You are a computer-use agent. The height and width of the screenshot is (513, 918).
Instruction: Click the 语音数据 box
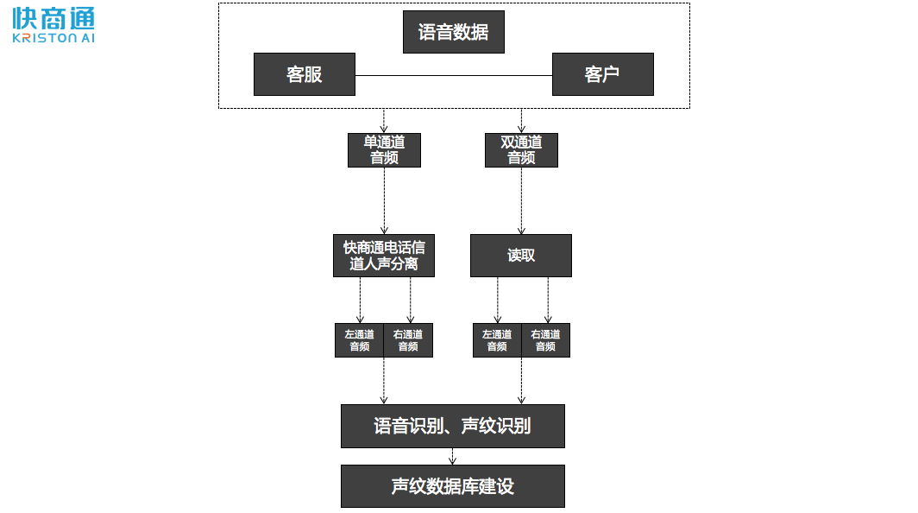click(453, 32)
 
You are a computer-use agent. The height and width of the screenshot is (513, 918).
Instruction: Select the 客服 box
click(304, 74)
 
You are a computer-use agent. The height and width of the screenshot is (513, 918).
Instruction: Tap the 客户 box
click(602, 74)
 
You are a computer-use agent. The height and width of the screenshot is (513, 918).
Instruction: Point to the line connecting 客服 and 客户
click(453, 75)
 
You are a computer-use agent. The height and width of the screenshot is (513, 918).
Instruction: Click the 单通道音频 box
click(384, 149)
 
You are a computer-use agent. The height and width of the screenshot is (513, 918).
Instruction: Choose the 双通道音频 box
click(521, 149)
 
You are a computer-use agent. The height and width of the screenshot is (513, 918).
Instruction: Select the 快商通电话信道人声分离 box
click(383, 256)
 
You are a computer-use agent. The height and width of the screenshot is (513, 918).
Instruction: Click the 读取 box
click(520, 256)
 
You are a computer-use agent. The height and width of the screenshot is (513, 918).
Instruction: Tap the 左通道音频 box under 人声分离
click(359, 340)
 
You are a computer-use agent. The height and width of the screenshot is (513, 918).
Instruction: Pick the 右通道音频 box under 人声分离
click(408, 340)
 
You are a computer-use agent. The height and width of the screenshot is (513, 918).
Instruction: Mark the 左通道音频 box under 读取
click(497, 340)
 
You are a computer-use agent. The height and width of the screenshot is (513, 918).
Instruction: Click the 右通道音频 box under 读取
click(545, 340)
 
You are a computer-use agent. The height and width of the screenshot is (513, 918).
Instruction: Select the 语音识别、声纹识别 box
click(452, 426)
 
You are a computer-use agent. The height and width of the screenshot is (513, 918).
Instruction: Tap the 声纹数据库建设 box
click(452, 486)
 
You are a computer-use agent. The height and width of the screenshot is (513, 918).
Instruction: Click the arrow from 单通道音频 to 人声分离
click(384, 200)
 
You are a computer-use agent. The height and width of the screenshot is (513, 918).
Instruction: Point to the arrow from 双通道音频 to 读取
click(521, 200)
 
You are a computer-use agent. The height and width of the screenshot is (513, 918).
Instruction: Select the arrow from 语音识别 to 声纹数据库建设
click(452, 456)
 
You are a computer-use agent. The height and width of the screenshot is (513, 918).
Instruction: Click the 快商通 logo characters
click(53, 18)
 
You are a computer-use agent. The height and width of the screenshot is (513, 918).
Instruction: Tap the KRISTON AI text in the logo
click(53, 38)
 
